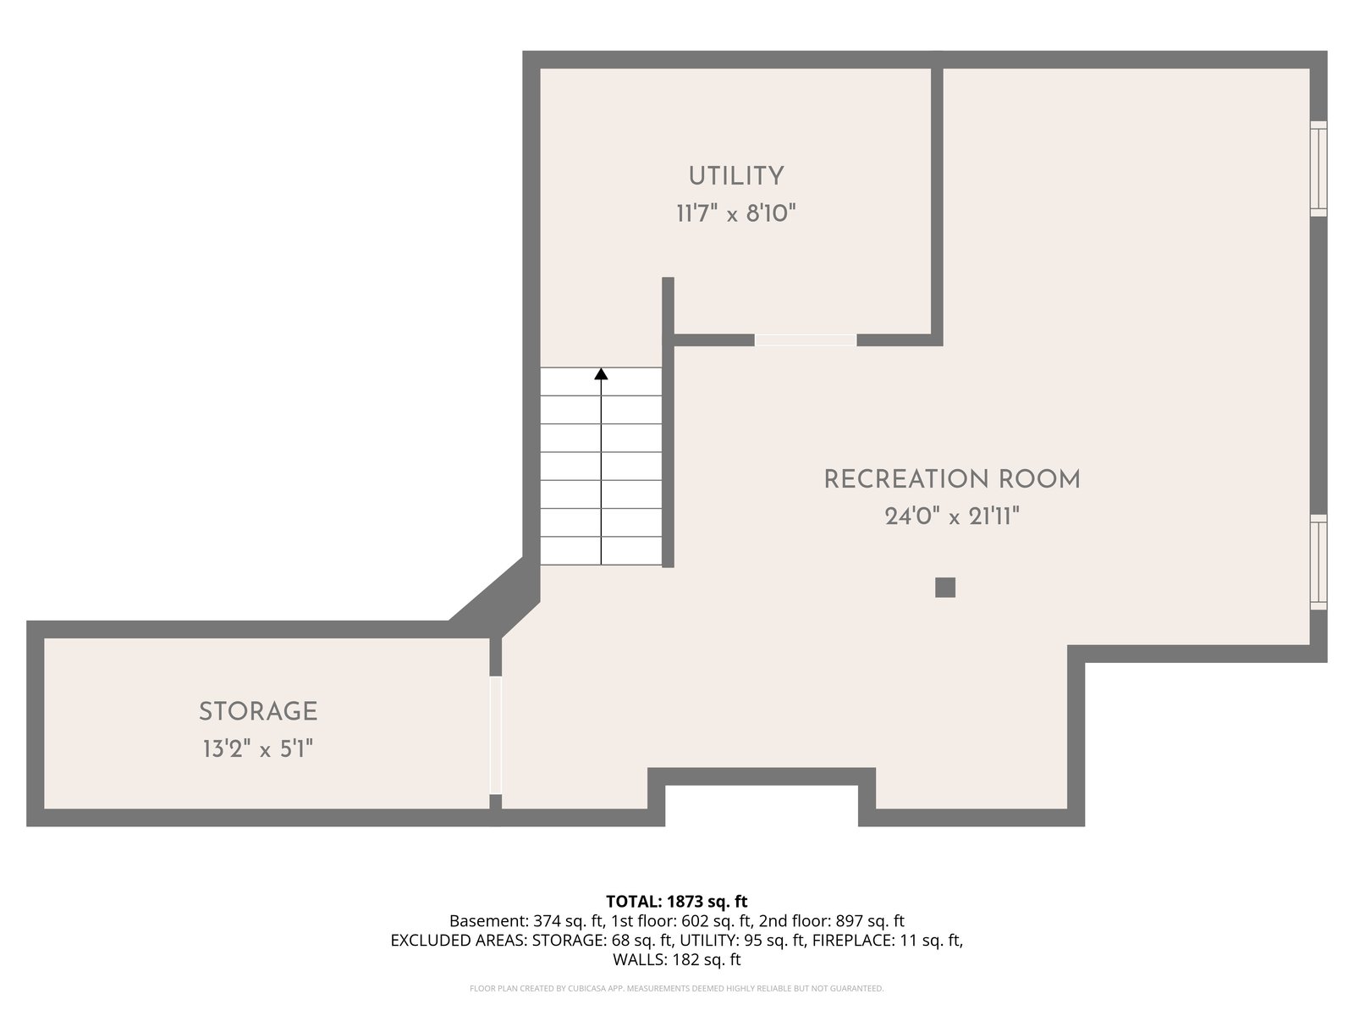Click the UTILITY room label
click(x=736, y=176)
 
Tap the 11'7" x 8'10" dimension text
click(x=736, y=214)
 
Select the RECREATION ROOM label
click(x=952, y=479)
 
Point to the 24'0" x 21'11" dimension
click(x=952, y=516)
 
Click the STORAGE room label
click(x=258, y=711)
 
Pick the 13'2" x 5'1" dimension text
click(x=258, y=749)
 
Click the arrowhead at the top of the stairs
click(x=601, y=374)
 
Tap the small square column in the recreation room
click(x=945, y=588)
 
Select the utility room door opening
click(x=806, y=340)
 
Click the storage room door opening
click(x=495, y=735)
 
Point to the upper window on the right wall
click(x=1318, y=169)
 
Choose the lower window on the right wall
click(x=1318, y=562)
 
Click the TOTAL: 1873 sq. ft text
click(x=677, y=901)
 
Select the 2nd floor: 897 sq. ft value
click(x=832, y=921)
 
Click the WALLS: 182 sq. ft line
click(x=677, y=960)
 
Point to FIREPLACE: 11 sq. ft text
click(x=886, y=940)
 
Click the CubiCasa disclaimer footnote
click(x=677, y=988)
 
